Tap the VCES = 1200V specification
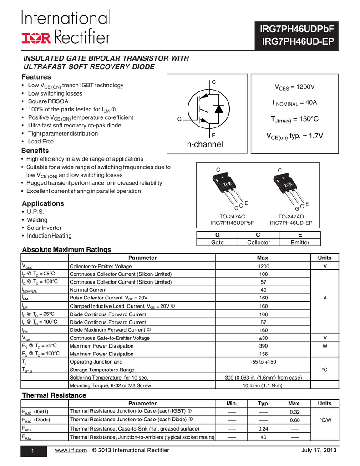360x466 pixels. click(x=294, y=87)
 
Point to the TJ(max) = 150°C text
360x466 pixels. click(x=294, y=119)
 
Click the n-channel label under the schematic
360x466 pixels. click(x=205, y=145)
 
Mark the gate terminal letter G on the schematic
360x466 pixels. click(x=179, y=119)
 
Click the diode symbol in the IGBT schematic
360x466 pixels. click(x=218, y=109)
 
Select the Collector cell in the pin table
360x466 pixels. click(x=259, y=243)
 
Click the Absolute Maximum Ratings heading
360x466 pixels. click(x=67, y=250)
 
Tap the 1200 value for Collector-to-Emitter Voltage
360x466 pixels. click(x=264, y=266)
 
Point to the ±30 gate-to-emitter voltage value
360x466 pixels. click(x=264, y=338)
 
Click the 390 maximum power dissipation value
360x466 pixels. click(x=264, y=346)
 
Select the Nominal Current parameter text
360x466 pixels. click(x=88, y=290)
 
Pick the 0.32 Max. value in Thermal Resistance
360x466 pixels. click(x=294, y=412)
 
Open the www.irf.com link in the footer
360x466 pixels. click(x=71, y=451)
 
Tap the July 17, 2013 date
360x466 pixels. click(x=319, y=451)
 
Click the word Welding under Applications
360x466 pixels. click(x=37, y=220)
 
